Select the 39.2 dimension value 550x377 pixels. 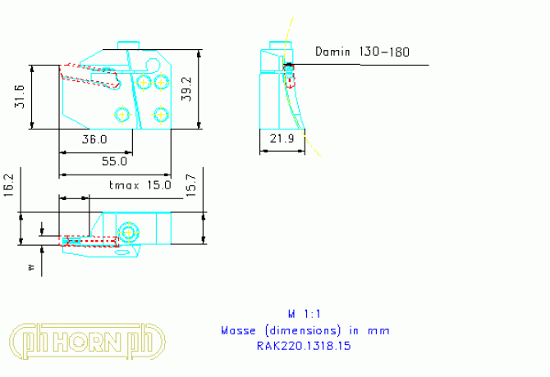(186, 89)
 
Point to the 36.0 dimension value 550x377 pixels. (96, 140)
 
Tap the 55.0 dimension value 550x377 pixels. (115, 161)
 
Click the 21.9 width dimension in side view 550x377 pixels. (281, 140)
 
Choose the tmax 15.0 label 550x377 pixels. (140, 185)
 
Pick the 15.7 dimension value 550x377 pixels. (190, 185)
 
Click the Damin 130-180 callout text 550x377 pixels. (362, 52)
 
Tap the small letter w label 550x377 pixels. (31, 266)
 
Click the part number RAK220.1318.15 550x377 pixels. (305, 345)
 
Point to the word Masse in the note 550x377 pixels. (240, 330)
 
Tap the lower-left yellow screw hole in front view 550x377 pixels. (122, 113)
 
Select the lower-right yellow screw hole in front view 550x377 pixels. (161, 113)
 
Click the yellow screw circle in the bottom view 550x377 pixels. (127, 232)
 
